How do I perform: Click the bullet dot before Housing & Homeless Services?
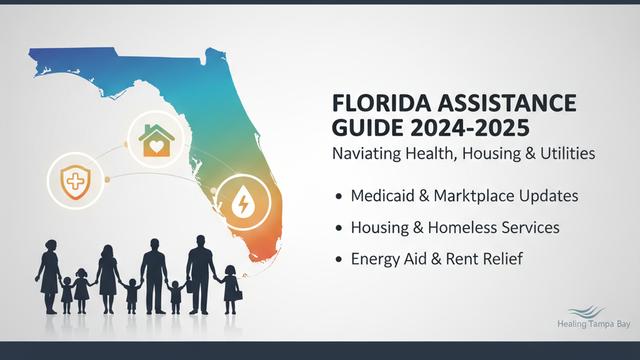(340, 228)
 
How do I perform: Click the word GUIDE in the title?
(365, 128)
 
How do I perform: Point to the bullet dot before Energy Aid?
(340, 260)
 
